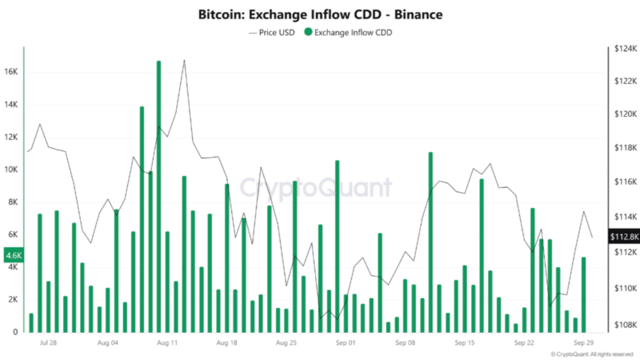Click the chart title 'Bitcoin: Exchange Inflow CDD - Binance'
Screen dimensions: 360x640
pyautogui.click(x=320, y=15)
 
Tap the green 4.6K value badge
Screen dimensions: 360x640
pyautogui.click(x=14, y=256)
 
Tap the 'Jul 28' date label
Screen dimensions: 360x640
pyautogui.click(x=47, y=342)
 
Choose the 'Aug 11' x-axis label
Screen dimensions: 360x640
pyautogui.click(x=167, y=342)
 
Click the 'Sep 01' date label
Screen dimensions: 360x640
pyautogui.click(x=346, y=342)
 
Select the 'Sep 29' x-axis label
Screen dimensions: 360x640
pyautogui.click(x=584, y=342)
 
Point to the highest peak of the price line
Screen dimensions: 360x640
pyautogui.click(x=184, y=60)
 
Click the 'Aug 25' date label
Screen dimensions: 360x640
pyautogui.click(x=286, y=342)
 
